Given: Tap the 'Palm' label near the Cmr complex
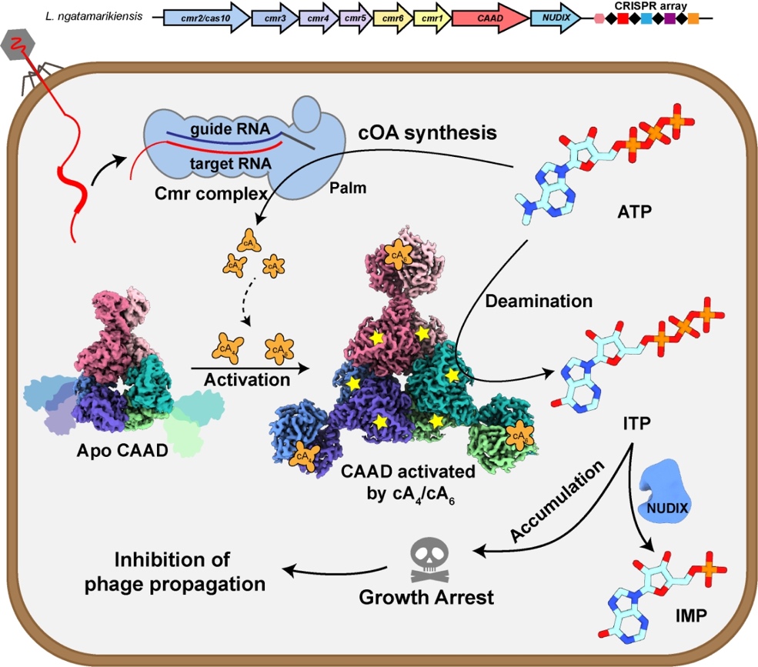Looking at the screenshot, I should click(x=348, y=186).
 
